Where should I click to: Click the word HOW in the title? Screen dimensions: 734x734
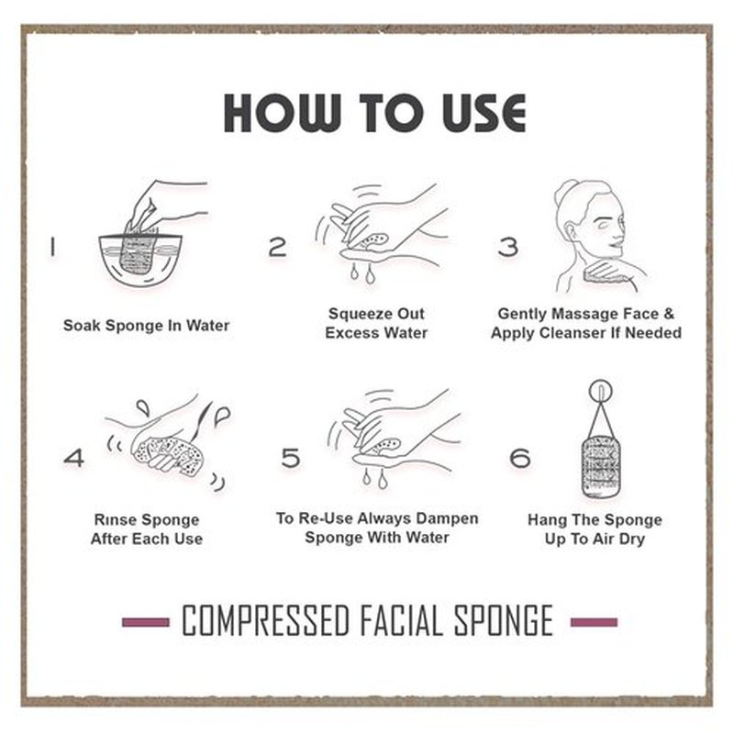point(282,112)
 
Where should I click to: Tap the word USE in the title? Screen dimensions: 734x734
point(484,112)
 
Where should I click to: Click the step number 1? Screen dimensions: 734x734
point(52,247)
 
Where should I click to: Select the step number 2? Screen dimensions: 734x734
point(277,247)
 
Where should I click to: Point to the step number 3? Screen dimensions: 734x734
point(508,247)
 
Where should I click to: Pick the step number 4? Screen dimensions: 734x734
point(74,457)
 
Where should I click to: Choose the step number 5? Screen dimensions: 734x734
point(290,457)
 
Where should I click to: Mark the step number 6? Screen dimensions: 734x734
point(520,457)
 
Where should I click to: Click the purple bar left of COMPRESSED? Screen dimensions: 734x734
point(146,622)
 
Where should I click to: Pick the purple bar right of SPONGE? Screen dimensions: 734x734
point(594,622)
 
